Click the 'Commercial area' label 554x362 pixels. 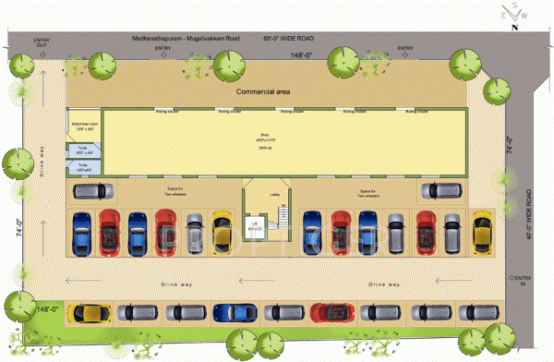(x=266, y=92)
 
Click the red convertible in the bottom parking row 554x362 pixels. (x=330, y=313)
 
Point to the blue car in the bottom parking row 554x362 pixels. (x=229, y=313)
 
